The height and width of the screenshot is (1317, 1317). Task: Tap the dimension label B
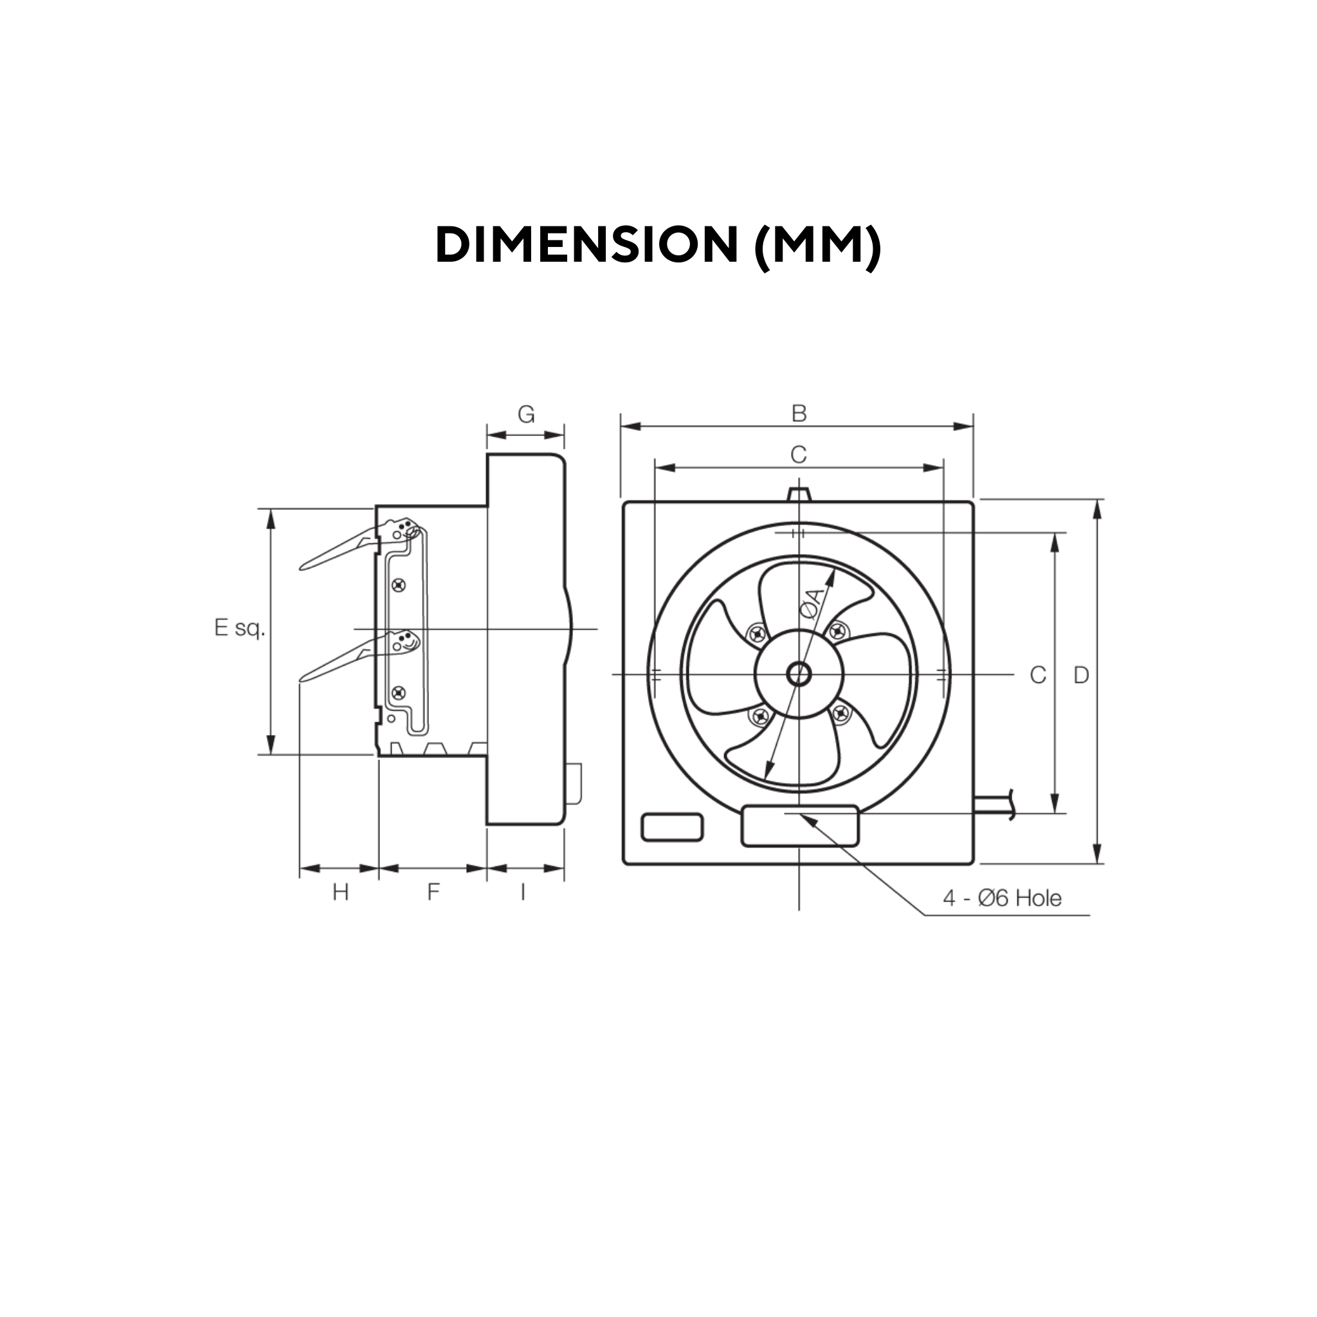pyautogui.click(x=798, y=413)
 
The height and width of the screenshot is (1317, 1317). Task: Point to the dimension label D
pyautogui.click(x=1081, y=675)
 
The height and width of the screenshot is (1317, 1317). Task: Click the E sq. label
pyautogui.click(x=239, y=627)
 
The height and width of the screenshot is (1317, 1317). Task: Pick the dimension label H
pyautogui.click(x=340, y=892)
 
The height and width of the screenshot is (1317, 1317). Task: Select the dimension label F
pyautogui.click(x=433, y=892)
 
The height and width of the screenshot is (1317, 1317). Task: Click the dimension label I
pyautogui.click(x=523, y=892)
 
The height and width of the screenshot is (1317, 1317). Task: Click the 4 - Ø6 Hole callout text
pyautogui.click(x=1001, y=898)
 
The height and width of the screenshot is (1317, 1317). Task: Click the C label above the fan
pyautogui.click(x=798, y=454)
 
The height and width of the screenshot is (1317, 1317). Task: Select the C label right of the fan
pyautogui.click(x=1037, y=675)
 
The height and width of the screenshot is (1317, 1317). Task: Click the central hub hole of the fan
pyautogui.click(x=798, y=675)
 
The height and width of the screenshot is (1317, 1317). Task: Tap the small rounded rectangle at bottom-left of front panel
pyautogui.click(x=671, y=827)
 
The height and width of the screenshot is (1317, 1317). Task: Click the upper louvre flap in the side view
pyautogui.click(x=341, y=550)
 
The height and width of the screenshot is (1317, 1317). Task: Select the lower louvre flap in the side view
pyautogui.click(x=341, y=660)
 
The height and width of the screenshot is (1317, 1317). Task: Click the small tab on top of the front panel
pyautogui.click(x=798, y=493)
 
